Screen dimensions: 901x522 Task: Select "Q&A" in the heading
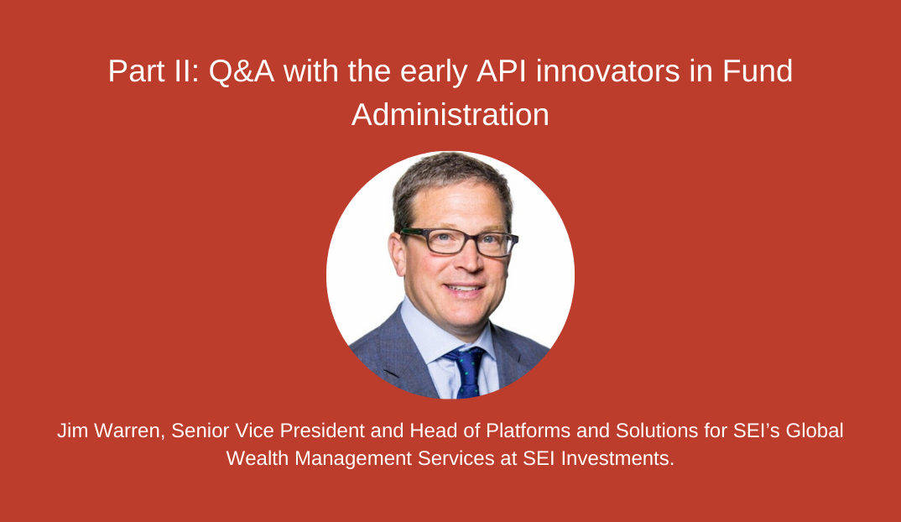pyautogui.click(x=242, y=71)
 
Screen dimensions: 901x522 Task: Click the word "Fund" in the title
pyautogui.click(x=758, y=71)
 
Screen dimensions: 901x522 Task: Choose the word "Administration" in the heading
pyautogui.click(x=450, y=115)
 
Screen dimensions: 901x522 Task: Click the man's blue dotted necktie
pyautogui.click(x=467, y=373)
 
